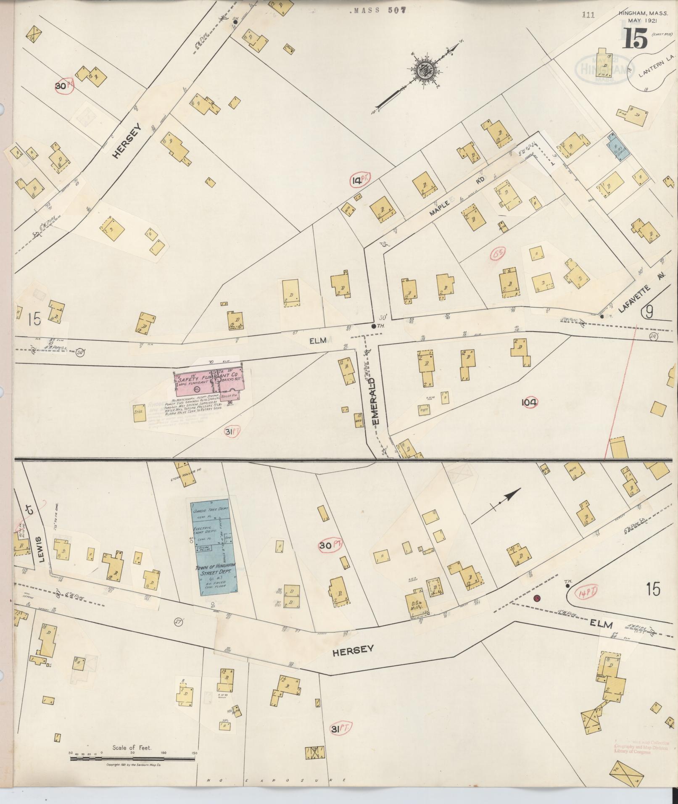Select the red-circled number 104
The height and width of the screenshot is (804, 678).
point(529,403)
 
